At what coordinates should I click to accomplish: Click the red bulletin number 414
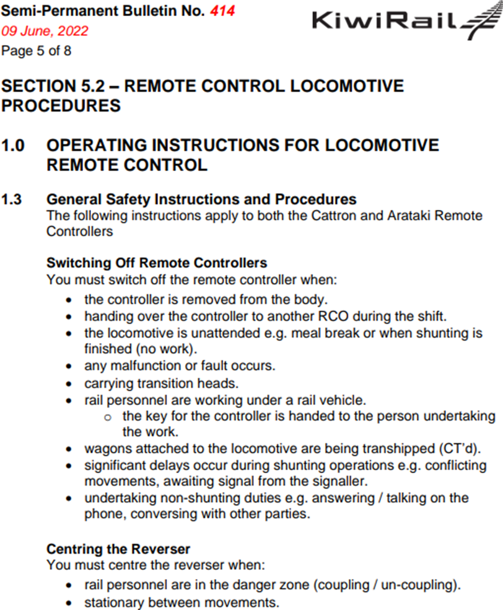tap(222, 11)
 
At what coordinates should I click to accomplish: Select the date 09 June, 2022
tap(45, 31)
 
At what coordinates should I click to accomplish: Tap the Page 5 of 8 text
tap(36, 51)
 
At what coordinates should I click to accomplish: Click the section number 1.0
tap(14, 146)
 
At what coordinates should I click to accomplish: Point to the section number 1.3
tap(12, 199)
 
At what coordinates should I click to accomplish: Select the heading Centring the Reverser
tap(118, 549)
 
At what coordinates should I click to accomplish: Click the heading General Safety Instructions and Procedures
tap(202, 199)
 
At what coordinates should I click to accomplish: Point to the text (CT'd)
tap(452, 449)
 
